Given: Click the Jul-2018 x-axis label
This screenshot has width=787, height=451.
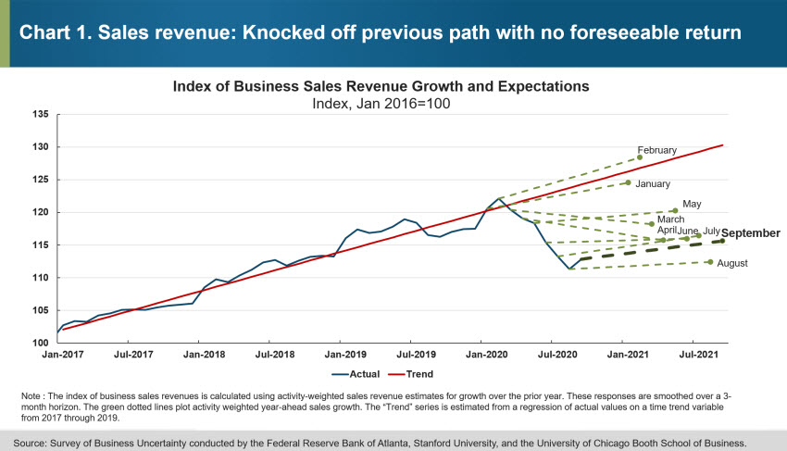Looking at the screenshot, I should pos(274,354).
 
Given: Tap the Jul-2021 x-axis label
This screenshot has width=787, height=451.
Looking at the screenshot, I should pos(696,354).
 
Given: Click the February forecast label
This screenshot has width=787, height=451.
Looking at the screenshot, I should pos(657,150).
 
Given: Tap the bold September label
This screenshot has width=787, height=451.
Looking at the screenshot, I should pos(750,233).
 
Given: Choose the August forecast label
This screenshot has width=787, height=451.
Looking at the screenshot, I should pos(732,263).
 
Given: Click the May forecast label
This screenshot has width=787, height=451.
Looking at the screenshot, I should pos(693,204).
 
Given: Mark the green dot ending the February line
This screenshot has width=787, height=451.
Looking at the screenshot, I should pos(640,157).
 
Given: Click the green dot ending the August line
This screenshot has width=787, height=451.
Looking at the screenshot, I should pos(710,262).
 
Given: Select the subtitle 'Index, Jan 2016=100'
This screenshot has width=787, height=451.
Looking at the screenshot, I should pos(381,103).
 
